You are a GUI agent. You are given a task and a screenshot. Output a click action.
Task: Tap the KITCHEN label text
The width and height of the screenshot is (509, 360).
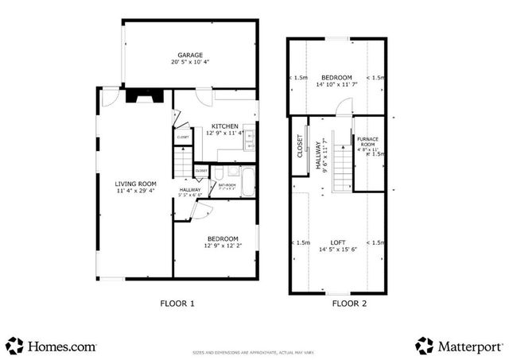tap(225, 126)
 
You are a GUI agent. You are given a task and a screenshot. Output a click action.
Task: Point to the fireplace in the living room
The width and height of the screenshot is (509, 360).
tap(145, 95)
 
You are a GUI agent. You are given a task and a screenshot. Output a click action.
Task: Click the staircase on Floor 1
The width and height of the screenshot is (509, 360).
tap(185, 165)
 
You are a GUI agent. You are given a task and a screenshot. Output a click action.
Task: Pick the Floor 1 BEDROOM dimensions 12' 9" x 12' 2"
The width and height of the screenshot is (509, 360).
tap(223, 246)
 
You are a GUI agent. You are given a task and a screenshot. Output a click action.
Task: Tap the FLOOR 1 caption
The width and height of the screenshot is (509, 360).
tap(177, 303)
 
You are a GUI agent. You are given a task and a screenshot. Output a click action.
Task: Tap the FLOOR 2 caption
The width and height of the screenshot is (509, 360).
tap(350, 303)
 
